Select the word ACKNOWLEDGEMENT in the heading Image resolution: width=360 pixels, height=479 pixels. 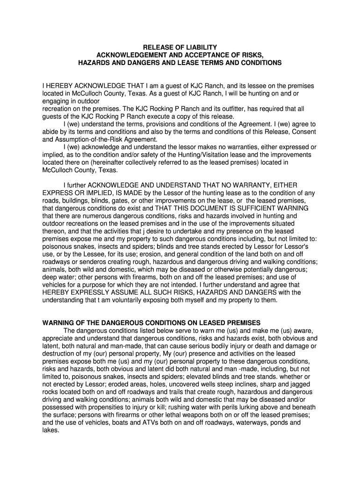(x=130, y=55)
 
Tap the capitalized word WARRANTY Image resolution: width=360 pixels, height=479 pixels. (x=248, y=185)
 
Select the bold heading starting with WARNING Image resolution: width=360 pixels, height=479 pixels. (x=151, y=323)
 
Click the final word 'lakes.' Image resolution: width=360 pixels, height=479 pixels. (x=50, y=430)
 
